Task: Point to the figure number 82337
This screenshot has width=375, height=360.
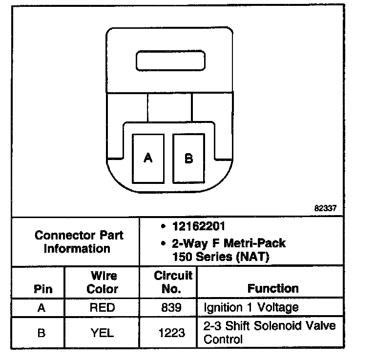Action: pos(325,208)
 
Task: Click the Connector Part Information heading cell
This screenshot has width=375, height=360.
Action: pos(79,241)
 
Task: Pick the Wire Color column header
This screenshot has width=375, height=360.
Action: pos(103,282)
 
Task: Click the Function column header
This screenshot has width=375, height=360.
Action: pos(273,288)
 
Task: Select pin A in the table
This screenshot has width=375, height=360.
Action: pos(42,308)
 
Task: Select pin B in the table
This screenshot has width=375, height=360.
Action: pos(42,333)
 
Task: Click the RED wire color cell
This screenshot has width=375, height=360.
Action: pos(103,308)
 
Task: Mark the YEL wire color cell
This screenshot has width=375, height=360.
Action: pos(103,333)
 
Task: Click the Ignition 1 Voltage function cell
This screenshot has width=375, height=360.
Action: pos(251,308)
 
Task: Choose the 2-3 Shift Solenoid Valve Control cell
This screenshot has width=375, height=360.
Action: pos(270,332)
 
